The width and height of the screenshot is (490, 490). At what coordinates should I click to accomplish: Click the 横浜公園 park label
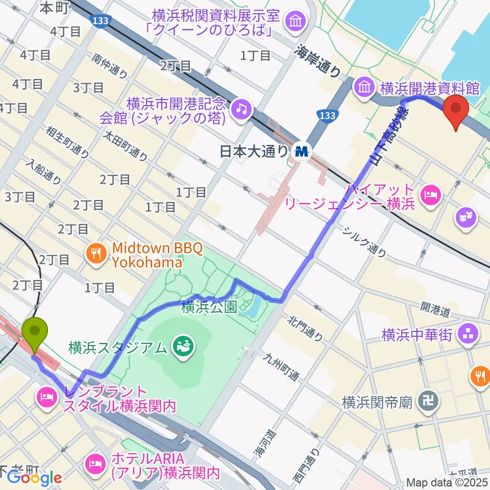click(209, 308)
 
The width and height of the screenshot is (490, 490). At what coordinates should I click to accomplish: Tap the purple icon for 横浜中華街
click(468, 334)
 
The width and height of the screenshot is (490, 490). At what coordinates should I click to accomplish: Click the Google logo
click(35, 478)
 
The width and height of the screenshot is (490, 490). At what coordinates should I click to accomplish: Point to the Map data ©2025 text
click(447, 482)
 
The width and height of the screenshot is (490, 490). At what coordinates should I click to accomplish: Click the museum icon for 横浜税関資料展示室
click(295, 21)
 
